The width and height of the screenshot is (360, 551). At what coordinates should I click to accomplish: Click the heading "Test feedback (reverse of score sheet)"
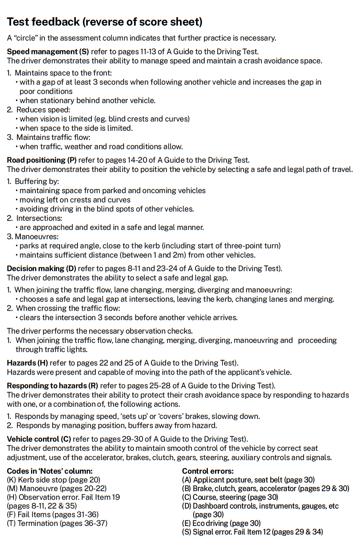coord(105,22)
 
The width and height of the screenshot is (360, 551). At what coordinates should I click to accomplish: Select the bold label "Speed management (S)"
coord(48,52)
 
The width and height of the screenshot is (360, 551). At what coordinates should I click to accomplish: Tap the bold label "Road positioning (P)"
coord(42,160)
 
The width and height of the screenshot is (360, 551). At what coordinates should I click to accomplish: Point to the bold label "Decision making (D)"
coord(41,269)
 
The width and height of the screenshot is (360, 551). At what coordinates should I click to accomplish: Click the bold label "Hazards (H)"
coord(27,363)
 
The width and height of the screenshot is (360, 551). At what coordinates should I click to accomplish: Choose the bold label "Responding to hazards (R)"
coord(52,386)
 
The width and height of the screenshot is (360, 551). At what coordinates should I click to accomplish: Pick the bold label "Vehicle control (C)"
coord(39,439)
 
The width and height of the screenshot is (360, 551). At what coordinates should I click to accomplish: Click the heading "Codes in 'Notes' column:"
coord(50,471)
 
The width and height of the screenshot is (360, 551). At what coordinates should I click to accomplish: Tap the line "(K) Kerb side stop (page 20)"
coord(54,480)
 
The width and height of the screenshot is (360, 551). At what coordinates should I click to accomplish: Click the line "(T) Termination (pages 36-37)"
coord(57,523)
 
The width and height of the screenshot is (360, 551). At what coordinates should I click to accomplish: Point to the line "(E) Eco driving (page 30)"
coord(221,523)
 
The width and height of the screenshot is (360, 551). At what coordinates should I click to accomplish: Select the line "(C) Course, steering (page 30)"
coord(230,497)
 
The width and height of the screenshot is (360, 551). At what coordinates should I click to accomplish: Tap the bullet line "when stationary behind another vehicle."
coord(87,101)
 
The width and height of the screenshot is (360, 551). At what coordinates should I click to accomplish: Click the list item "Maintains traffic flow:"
coord(53,137)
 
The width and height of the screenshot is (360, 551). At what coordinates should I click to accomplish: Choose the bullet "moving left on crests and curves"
coord(75,200)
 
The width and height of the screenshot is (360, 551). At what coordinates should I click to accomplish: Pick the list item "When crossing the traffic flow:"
coord(68,308)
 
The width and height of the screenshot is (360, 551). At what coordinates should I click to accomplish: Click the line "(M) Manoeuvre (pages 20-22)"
coord(57,489)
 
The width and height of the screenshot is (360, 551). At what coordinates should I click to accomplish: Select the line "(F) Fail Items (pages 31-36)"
coord(53,514)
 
